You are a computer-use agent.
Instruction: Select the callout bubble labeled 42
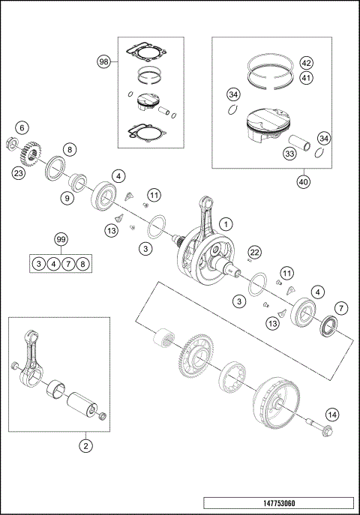306,62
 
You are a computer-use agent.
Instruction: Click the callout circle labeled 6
22,127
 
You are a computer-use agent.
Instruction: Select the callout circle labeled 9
67,199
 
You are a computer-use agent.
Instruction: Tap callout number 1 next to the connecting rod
226,223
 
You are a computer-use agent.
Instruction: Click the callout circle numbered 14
331,414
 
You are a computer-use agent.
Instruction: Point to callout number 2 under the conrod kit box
85,445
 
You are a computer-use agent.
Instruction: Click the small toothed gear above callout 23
27,154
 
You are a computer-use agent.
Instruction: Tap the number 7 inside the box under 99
67,263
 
